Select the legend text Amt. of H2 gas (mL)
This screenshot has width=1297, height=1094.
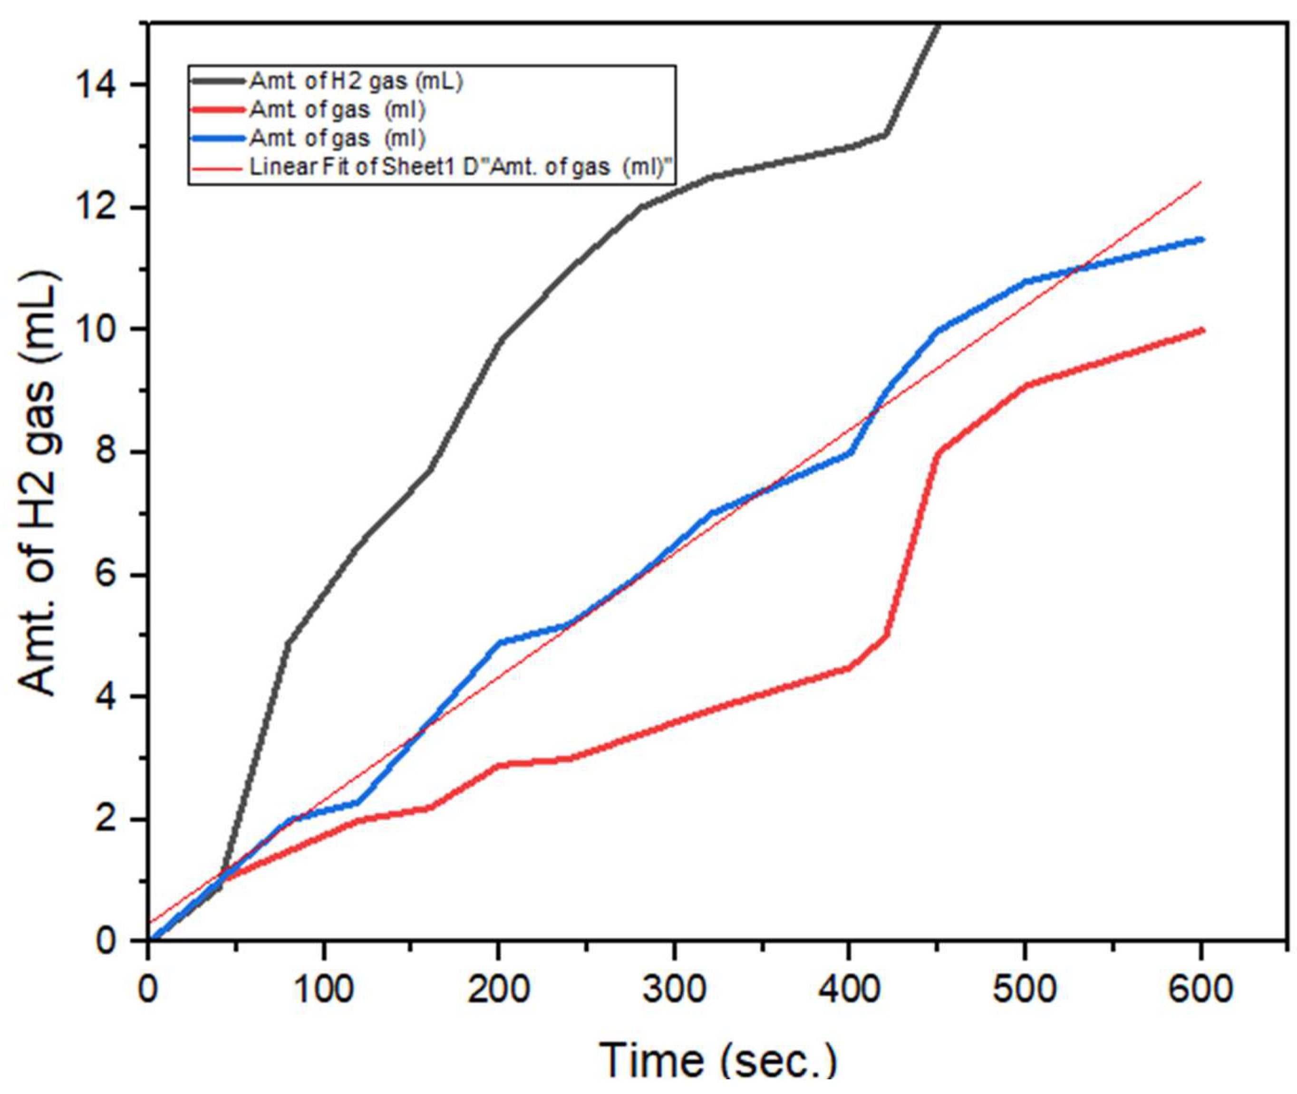(x=356, y=81)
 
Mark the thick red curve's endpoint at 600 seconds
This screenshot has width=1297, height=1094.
(x=1202, y=331)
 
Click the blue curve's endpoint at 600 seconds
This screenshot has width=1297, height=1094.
(x=1202, y=240)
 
